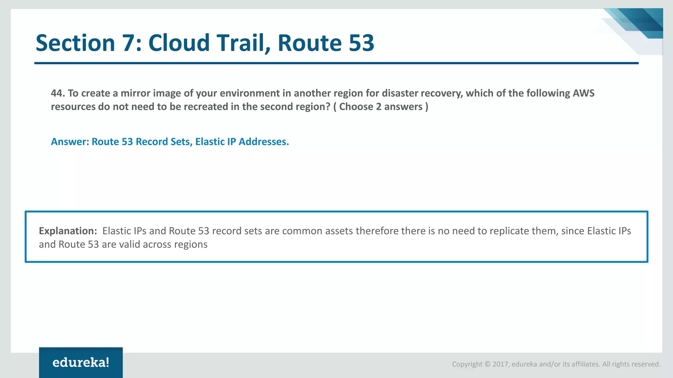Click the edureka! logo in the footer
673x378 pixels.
click(81, 363)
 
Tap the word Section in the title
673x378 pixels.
click(75, 43)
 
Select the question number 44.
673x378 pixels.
click(58, 93)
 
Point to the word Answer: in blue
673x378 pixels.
click(70, 142)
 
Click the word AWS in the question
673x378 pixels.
click(584, 93)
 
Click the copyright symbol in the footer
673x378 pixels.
click(488, 364)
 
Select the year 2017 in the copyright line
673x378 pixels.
click(500, 364)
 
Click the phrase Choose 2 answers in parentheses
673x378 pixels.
click(381, 107)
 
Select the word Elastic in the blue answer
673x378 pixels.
click(210, 142)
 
